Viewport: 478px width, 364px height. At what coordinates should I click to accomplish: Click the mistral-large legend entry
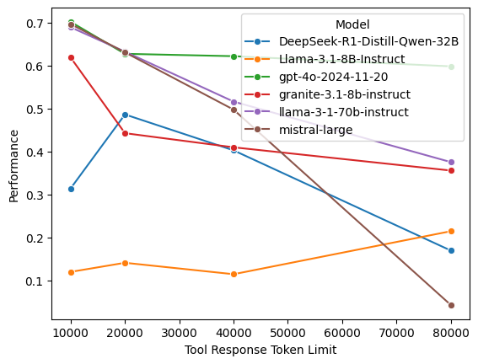click(x=313, y=130)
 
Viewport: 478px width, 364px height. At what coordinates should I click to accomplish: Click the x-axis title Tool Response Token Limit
click(x=260, y=350)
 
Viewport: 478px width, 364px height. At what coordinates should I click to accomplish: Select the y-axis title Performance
click(x=13, y=166)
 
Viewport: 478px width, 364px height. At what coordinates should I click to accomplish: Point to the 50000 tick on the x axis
click(x=288, y=331)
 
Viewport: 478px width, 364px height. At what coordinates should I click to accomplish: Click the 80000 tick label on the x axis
click(x=451, y=331)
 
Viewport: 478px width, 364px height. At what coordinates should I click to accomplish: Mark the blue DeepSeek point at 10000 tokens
click(x=71, y=189)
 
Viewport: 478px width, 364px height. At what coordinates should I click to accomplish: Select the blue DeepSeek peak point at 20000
click(x=126, y=115)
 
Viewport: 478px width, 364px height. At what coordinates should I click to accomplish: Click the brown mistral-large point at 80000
click(x=451, y=305)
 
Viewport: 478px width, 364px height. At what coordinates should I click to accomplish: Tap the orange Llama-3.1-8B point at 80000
click(x=451, y=231)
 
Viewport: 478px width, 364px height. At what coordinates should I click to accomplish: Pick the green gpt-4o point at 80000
click(x=451, y=67)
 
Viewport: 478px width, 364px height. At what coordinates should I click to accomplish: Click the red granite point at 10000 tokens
click(x=71, y=57)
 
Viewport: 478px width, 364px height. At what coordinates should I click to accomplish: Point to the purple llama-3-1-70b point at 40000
click(x=234, y=102)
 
